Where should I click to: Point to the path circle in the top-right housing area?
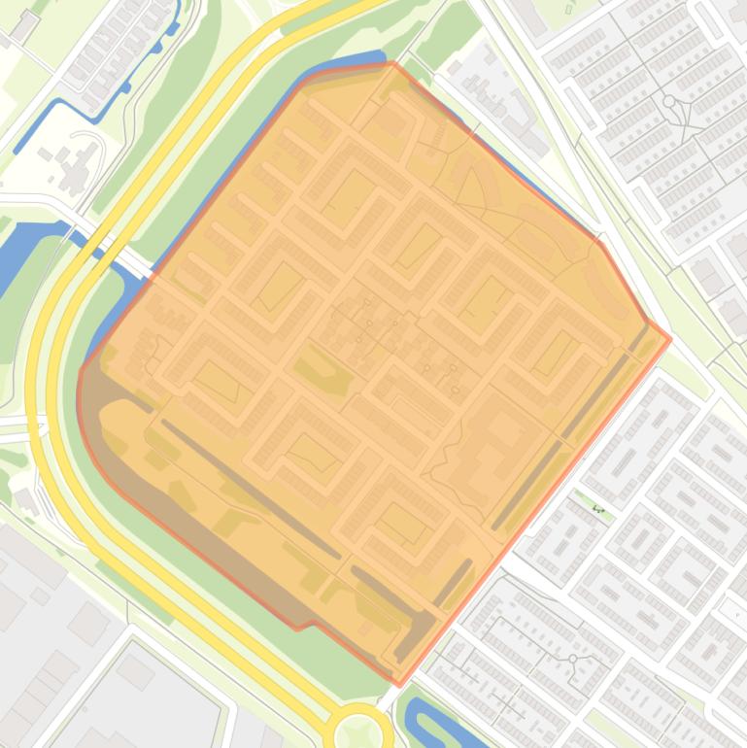click(668, 101)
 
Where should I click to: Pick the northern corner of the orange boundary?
click(393, 64)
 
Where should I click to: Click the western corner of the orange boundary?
click(80, 369)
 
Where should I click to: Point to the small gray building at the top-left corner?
click(21, 26)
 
